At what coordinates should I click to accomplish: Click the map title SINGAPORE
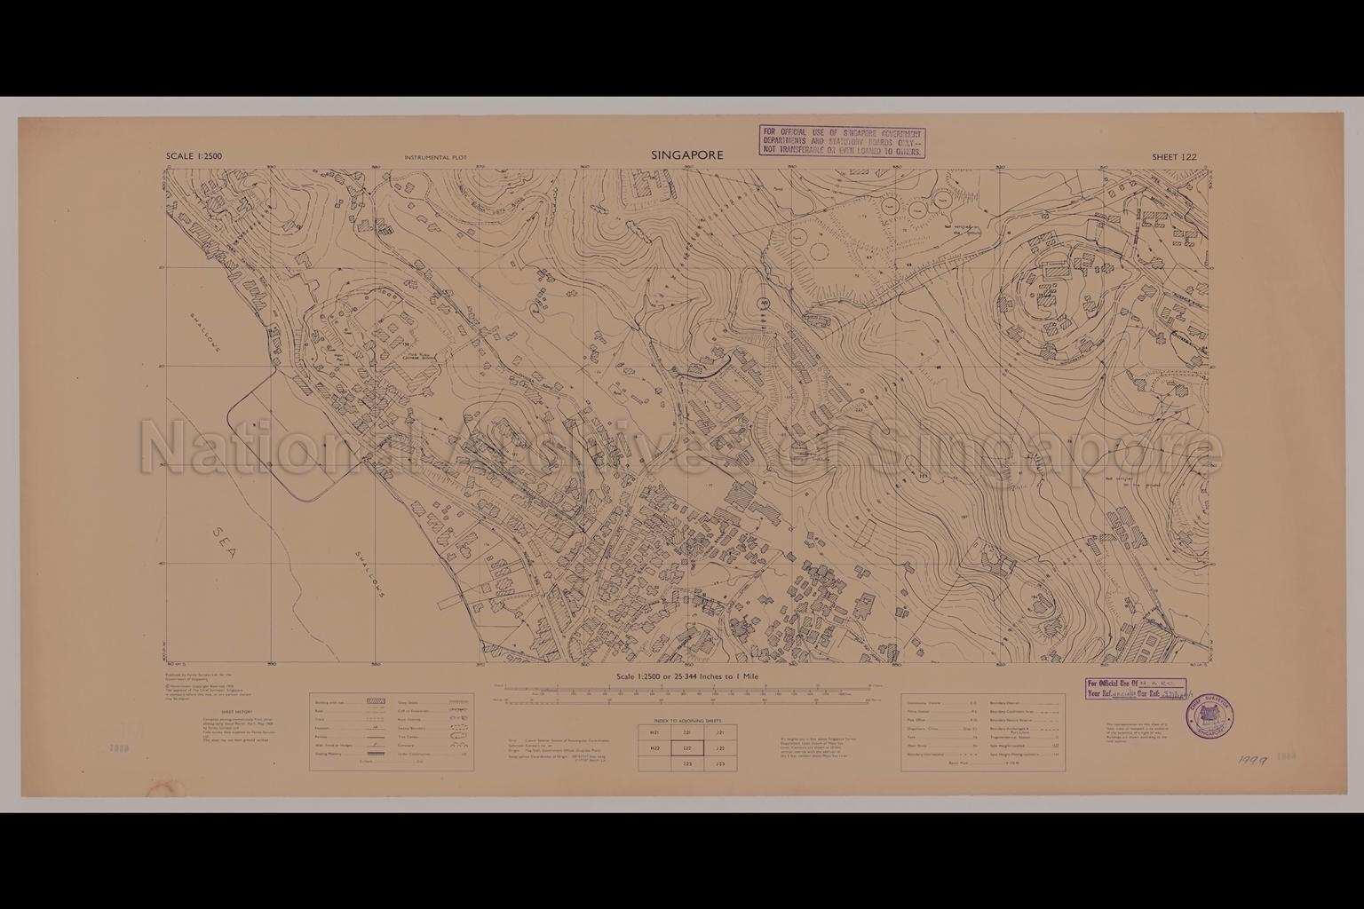coord(686,155)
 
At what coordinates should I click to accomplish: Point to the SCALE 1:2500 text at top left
coord(194,157)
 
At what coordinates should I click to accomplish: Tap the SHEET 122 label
coord(1174,157)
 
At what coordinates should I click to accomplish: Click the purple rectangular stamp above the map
coord(841,141)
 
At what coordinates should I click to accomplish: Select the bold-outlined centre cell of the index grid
coord(687,748)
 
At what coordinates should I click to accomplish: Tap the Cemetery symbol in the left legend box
coord(452,745)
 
